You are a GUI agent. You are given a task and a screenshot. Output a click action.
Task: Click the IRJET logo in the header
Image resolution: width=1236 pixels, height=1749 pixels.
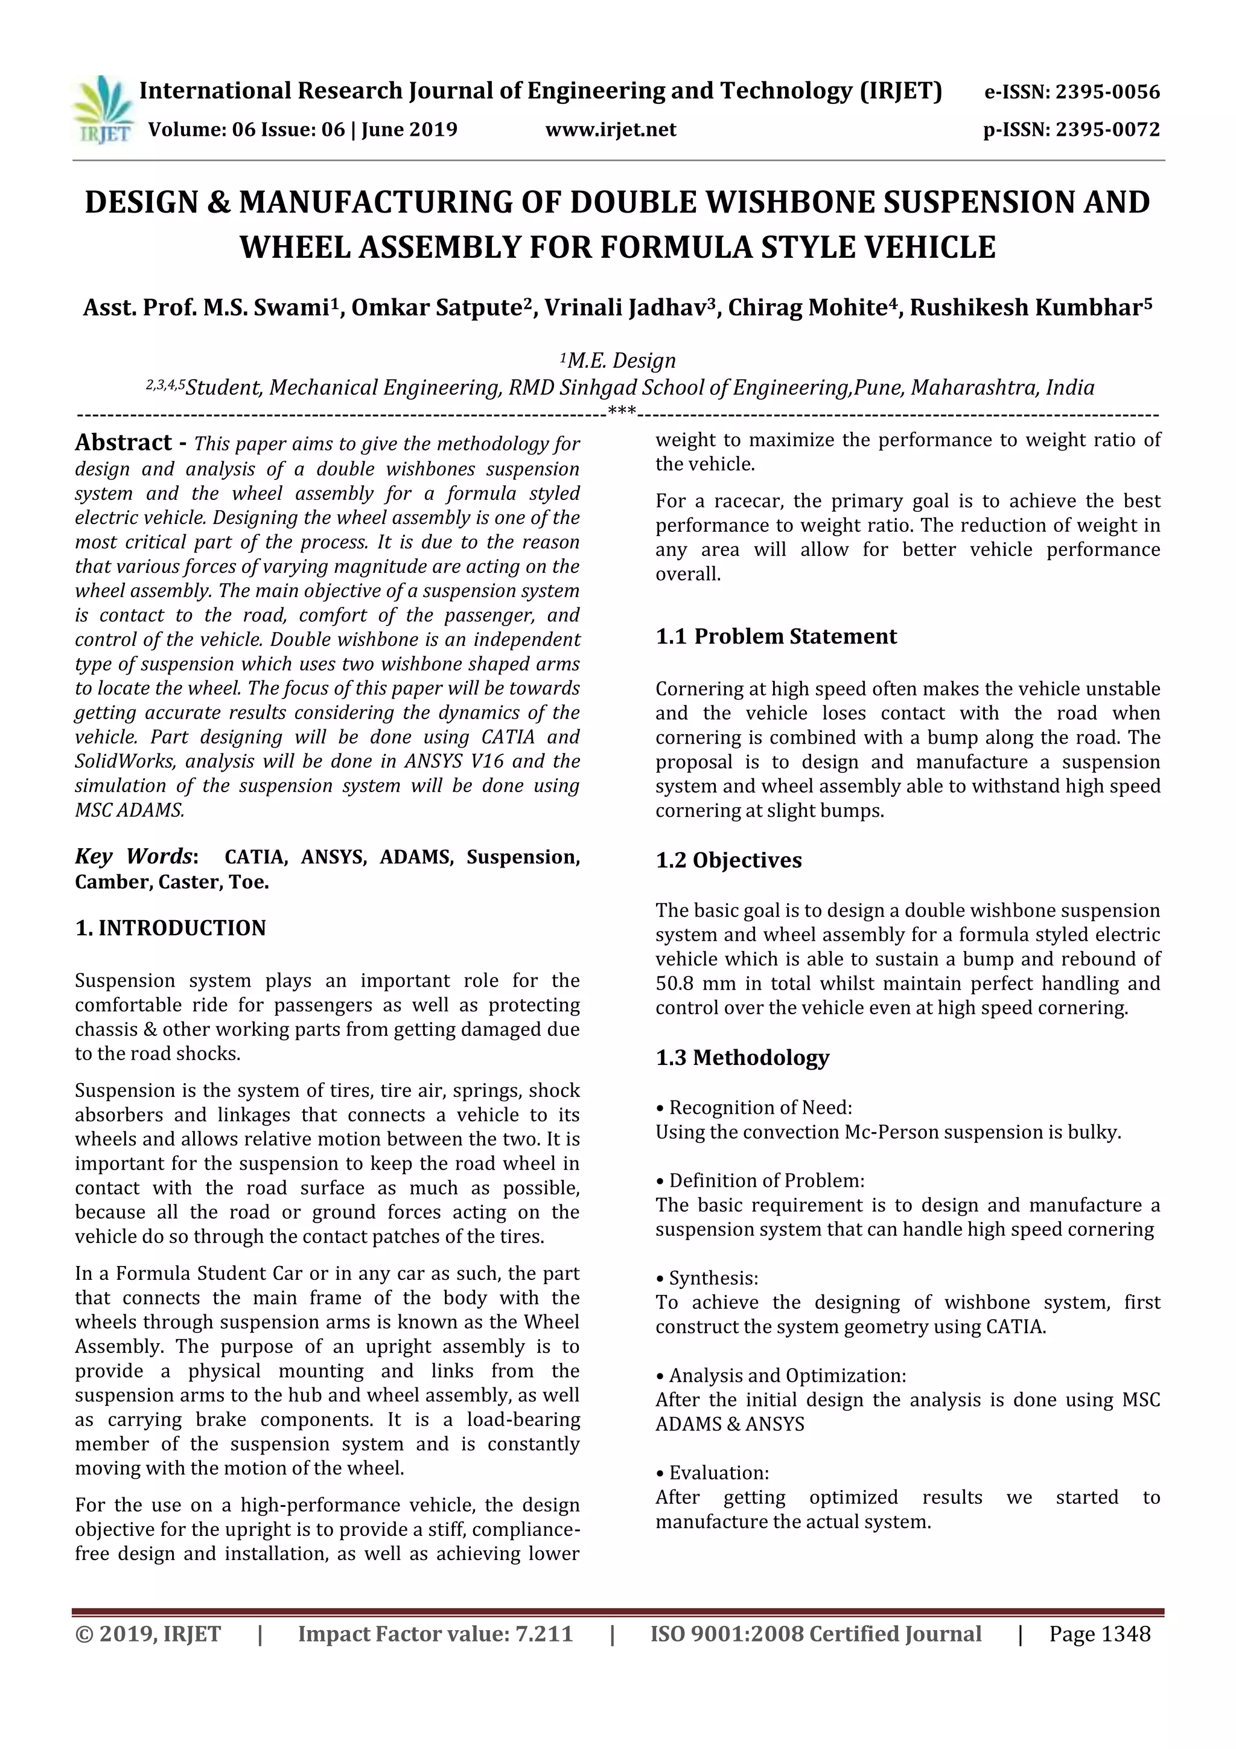102,110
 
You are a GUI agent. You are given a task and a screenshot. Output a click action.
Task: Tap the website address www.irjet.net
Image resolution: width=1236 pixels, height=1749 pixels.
611,129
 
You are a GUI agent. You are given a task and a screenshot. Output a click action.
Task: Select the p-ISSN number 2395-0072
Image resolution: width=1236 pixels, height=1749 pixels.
1106,129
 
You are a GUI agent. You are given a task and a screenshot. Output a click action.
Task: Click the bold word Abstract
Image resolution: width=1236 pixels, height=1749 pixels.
123,443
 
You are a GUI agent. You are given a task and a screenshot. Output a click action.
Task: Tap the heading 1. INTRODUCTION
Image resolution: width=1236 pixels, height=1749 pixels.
171,928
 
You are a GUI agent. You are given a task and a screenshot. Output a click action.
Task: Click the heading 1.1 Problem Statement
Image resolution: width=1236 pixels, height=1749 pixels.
776,636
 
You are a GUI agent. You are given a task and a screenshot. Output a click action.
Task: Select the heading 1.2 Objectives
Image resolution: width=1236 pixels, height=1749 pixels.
729,860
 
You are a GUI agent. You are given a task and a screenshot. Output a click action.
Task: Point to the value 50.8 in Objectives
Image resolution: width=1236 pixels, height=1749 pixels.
675,983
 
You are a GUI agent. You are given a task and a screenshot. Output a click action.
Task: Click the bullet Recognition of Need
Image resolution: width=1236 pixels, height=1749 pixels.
759,1108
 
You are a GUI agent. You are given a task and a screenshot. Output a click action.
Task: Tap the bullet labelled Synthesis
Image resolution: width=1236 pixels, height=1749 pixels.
713,1278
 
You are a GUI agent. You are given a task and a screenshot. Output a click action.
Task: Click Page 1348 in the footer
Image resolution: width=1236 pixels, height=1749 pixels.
1099,1633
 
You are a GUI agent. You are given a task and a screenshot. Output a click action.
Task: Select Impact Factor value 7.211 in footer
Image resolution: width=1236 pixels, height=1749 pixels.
435,1633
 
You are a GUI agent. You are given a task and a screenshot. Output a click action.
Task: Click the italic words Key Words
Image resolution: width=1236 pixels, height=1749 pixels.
134,856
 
